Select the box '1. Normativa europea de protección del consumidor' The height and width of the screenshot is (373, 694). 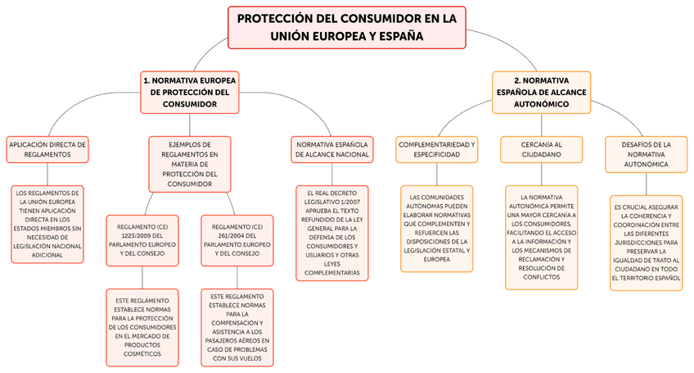[189, 92]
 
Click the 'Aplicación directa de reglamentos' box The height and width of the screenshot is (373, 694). [47, 148]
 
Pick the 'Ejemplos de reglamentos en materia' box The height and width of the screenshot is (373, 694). [189, 164]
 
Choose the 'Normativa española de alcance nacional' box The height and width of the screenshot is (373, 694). [331, 148]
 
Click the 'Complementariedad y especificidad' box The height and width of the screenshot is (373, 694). [436, 148]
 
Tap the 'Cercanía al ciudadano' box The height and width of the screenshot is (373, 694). [541, 148]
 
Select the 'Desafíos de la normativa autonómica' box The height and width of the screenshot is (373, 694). [646, 154]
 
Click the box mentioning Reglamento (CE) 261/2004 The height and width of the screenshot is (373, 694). [237, 239]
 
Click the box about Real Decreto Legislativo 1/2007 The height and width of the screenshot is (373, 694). [331, 233]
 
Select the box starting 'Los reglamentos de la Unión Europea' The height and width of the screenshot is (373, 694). [48, 224]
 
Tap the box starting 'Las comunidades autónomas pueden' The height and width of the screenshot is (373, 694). [436, 228]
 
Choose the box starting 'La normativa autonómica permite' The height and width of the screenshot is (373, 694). [541, 237]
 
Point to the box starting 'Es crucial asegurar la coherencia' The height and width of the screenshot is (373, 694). [646, 242]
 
